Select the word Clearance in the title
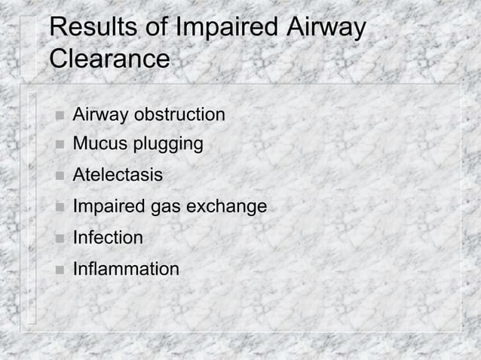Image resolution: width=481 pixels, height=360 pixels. [x=109, y=59]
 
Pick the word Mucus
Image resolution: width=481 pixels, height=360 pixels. [x=97, y=144]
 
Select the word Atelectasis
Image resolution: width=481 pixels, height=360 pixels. [x=117, y=175]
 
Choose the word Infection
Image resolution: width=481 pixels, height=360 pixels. [x=107, y=238]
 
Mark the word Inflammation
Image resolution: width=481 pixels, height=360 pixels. [x=126, y=269]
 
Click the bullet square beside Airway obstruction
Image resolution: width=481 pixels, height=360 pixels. [x=57, y=116]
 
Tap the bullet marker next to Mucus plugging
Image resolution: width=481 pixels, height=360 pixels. [x=57, y=145]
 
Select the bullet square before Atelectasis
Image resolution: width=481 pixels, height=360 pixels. [x=57, y=176]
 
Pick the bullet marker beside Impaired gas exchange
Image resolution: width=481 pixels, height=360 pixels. [x=57, y=207]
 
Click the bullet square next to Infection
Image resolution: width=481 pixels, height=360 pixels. [x=57, y=239]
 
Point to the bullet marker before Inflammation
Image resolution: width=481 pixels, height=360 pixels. [x=57, y=270]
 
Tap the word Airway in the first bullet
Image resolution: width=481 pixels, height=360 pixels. [x=100, y=115]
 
